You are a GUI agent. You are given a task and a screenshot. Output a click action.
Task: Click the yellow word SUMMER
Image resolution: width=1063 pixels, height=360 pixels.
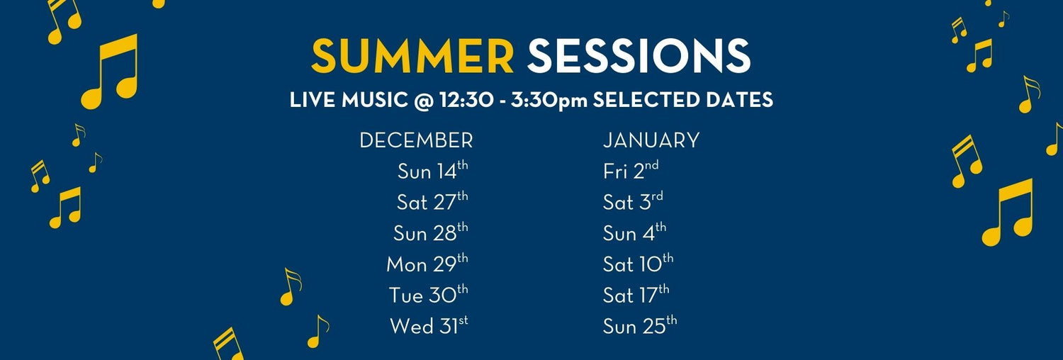tap(412, 57)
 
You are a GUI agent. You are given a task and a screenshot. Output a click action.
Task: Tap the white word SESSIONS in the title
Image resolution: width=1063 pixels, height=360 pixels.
tap(639, 57)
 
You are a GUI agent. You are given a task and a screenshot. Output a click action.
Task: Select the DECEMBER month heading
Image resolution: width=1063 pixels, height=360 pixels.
tap(416, 140)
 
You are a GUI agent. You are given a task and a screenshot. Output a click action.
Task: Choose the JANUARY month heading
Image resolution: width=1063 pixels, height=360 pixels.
tap(651, 140)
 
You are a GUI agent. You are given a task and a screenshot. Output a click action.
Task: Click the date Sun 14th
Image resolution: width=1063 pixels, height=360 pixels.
tap(432, 171)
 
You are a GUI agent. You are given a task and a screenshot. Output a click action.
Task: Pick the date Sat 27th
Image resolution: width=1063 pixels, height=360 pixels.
tap(432, 202)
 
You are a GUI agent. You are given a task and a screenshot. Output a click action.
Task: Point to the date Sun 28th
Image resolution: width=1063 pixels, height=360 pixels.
tap(431, 233)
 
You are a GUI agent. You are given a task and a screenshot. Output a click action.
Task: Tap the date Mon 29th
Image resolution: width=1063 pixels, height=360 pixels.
tap(427, 264)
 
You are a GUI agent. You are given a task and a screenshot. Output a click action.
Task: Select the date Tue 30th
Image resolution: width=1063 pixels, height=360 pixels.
tap(428, 295)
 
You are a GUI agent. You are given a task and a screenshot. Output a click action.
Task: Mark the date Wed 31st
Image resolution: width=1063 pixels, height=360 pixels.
tap(429, 326)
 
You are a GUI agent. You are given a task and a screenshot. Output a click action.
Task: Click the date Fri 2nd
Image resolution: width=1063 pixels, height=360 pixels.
tap(631, 171)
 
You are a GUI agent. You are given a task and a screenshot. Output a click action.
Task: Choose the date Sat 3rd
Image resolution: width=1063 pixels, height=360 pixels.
tap(633, 202)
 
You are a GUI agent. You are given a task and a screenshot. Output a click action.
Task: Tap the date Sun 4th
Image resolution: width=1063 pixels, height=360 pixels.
tap(634, 233)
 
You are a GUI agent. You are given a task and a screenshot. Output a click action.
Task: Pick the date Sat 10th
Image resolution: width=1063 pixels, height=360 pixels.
tap(638, 264)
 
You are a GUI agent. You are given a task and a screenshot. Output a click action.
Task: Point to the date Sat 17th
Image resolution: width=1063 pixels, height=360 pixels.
tap(636, 295)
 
